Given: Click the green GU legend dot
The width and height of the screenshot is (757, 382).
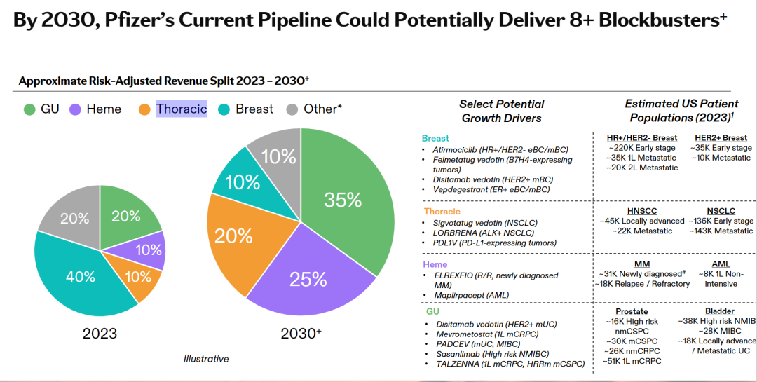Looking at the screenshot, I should pyautogui.click(x=29, y=109).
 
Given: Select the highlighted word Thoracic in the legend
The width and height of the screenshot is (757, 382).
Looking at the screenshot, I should pyautogui.click(x=182, y=109).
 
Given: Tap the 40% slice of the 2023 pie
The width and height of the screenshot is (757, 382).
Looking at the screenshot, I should pyautogui.click(x=81, y=277).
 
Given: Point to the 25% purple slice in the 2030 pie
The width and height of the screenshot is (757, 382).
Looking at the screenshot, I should pyautogui.click(x=308, y=279).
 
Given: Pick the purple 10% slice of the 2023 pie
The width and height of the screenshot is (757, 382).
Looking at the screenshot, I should pyautogui.click(x=148, y=250).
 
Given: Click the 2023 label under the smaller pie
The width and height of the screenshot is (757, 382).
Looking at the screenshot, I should pyautogui.click(x=100, y=334).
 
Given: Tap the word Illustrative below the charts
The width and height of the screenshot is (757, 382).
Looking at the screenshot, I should pyautogui.click(x=206, y=359).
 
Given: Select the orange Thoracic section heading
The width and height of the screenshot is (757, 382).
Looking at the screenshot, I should pyautogui.click(x=442, y=211).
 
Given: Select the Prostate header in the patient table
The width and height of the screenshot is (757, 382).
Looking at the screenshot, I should pyautogui.click(x=632, y=311).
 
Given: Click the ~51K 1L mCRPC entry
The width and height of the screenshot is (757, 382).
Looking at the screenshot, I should pyautogui.click(x=632, y=361).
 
